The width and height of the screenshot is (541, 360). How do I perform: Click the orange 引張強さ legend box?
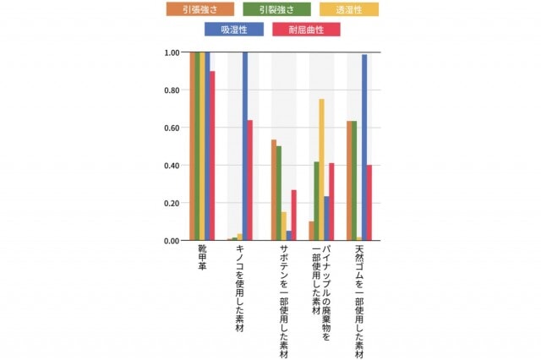click(200, 9)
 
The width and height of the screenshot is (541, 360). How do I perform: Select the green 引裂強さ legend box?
click(276, 9)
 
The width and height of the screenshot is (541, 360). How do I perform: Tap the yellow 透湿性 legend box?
click(349, 9)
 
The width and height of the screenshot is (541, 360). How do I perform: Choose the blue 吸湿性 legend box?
click(234, 30)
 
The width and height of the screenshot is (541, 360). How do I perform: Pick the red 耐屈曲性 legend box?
click(306, 30)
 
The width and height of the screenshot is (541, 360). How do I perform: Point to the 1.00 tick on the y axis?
click(172, 52)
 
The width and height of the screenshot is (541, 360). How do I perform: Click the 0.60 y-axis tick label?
click(172, 128)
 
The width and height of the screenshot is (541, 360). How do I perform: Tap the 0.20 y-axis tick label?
click(172, 203)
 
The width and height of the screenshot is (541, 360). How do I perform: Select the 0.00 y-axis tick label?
click(172, 241)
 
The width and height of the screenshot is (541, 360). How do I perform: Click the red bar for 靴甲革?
click(212, 155)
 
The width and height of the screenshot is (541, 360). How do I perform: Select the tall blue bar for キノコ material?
click(245, 146)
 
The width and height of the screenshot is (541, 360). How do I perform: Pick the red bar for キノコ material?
click(250, 180)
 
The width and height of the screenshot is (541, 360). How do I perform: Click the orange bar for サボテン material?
click(274, 190)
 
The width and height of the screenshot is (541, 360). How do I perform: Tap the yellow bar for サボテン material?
click(284, 226)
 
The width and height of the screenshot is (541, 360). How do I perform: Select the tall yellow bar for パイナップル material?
click(321, 170)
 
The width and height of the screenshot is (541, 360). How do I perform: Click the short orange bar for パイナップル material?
click(312, 231)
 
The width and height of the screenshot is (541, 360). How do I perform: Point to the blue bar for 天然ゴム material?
click(364, 148)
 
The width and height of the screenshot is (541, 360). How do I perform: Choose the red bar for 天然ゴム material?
click(369, 203)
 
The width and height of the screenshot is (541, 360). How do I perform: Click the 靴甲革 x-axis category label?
click(203, 258)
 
